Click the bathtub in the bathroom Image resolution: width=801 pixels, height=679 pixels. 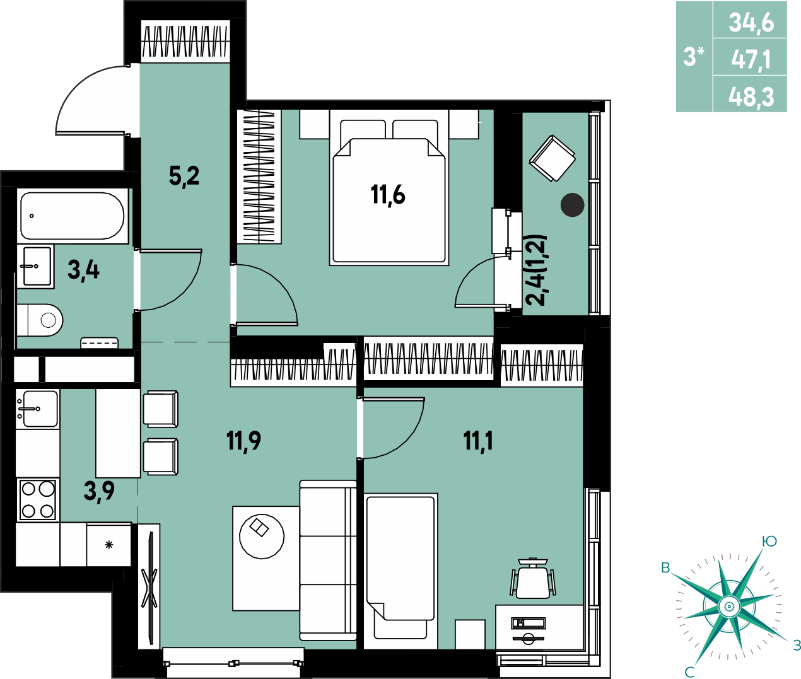(x=73, y=216)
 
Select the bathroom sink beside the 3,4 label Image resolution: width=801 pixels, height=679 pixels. (x=35, y=266)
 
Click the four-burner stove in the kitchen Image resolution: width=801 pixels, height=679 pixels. (x=38, y=500)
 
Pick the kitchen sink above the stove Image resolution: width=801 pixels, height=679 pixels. (x=38, y=409)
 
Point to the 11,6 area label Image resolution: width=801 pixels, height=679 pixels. (x=388, y=194)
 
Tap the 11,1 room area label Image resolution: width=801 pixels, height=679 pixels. (x=478, y=441)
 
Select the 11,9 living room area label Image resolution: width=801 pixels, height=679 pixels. (x=243, y=441)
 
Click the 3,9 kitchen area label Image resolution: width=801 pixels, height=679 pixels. (x=99, y=492)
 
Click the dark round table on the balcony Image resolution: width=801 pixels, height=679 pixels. (x=572, y=205)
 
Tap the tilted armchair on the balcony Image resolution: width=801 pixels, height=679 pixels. (x=553, y=158)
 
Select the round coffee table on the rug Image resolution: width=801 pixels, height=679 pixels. (x=262, y=537)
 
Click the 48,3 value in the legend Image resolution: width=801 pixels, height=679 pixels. (x=751, y=96)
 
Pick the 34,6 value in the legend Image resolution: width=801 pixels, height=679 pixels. (x=751, y=23)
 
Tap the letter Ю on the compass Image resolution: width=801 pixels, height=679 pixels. (x=769, y=541)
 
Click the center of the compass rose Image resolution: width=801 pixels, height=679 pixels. (x=728, y=606)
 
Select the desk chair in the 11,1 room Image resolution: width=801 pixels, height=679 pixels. (x=533, y=577)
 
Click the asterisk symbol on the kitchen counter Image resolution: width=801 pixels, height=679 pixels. (x=109, y=545)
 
